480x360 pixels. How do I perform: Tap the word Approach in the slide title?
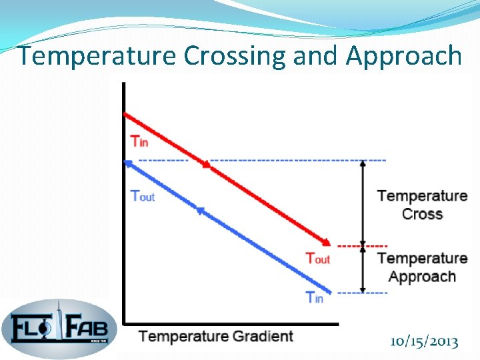[x=403, y=56]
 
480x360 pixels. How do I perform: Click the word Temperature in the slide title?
[x=98, y=56]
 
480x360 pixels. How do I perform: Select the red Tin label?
[x=139, y=141]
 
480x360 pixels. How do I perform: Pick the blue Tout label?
[x=142, y=196]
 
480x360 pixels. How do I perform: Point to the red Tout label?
[x=317, y=258]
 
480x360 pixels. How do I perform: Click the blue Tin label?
[x=315, y=297]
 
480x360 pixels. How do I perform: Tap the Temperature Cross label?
[x=422, y=205]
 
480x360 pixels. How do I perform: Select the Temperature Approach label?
[x=422, y=267]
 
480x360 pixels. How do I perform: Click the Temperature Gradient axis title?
[x=216, y=336]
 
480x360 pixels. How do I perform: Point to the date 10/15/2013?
[x=425, y=342]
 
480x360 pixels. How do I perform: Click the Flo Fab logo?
[x=59, y=328]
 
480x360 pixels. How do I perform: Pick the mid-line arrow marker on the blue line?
[x=200, y=211]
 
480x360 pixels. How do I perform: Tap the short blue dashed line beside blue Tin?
[x=363, y=293]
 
